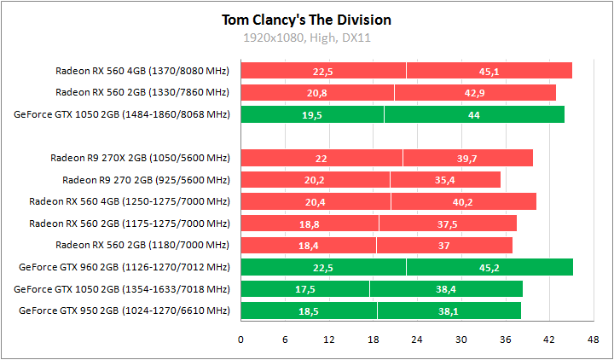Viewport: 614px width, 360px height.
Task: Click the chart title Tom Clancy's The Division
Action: pyautogui.click(x=306, y=20)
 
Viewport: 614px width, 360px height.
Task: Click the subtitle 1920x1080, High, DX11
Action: pyautogui.click(x=306, y=38)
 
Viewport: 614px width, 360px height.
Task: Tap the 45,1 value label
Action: pyautogui.click(x=489, y=71)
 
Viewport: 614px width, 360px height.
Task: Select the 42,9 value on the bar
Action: pyautogui.click(x=475, y=93)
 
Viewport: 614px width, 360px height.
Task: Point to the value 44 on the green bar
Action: pyautogui.click(x=474, y=115)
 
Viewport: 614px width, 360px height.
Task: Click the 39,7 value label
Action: pyautogui.click(x=467, y=159)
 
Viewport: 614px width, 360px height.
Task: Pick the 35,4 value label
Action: pyautogui.click(x=445, y=181)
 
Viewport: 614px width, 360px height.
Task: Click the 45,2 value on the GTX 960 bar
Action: pyautogui.click(x=489, y=268)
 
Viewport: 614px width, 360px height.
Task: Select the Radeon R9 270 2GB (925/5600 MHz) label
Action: pyautogui.click(x=146, y=180)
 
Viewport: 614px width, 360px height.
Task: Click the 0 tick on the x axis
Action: pyautogui.click(x=241, y=340)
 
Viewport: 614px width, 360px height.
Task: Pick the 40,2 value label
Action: pyautogui.click(x=463, y=202)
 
